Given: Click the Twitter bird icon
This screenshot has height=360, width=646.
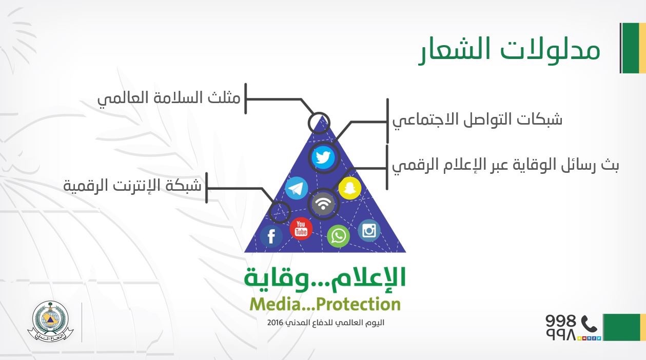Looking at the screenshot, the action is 323,157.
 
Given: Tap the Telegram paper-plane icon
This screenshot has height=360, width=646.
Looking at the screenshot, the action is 297,188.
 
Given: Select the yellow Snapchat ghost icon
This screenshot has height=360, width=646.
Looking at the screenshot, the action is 350,188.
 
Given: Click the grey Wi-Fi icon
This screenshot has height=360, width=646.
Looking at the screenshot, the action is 323,204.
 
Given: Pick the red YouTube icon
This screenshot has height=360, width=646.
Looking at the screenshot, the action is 301,229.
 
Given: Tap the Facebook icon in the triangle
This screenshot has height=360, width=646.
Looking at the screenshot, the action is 271,236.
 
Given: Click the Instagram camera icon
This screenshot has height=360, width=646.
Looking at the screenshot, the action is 369,230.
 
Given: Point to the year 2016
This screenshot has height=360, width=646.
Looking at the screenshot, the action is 275,323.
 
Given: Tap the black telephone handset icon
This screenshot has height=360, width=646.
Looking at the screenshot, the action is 589,324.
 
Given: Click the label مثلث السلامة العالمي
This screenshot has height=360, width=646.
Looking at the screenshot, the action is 169,98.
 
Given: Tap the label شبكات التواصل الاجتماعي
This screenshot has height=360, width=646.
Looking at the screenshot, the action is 477,120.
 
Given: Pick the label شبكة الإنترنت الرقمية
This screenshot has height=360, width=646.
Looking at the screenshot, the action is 132,185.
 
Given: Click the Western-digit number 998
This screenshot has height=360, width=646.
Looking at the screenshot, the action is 560,321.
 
